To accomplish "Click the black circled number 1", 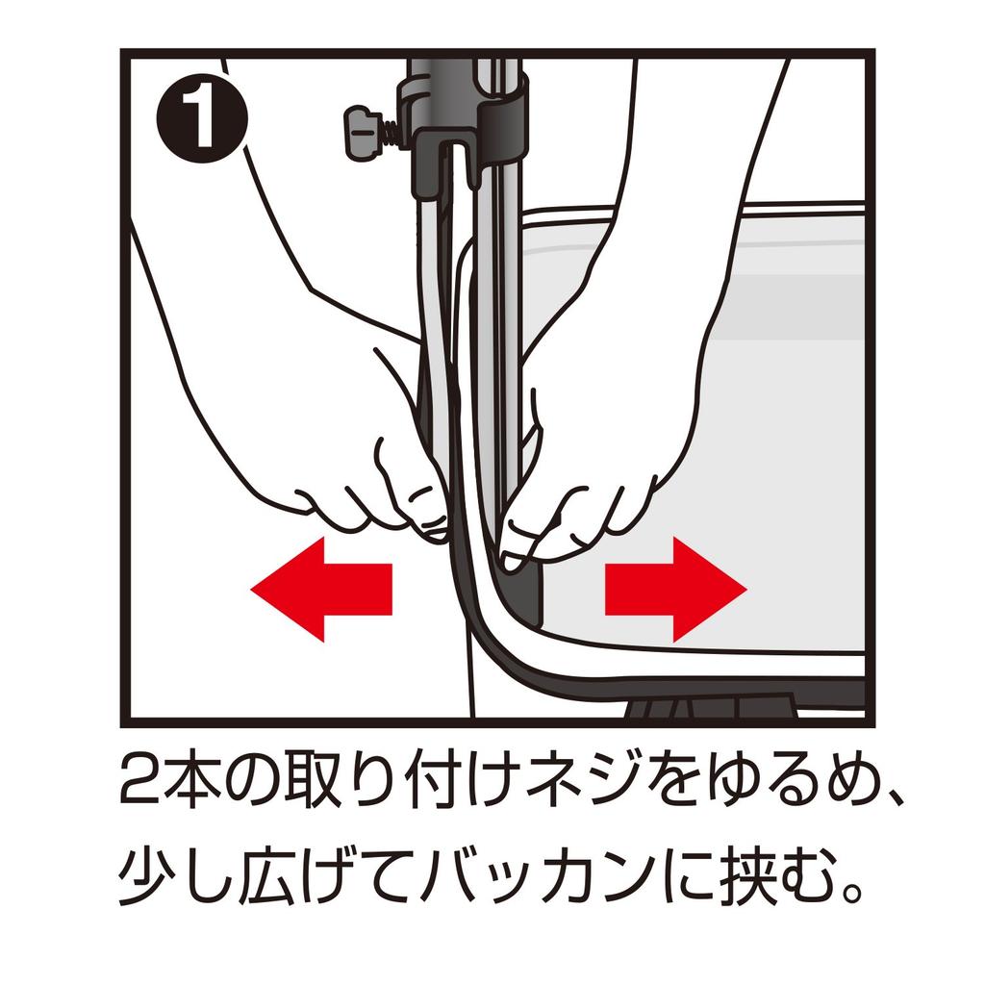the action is (x=202, y=118).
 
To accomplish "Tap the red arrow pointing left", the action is (x=321, y=589).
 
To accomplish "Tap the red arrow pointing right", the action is (x=676, y=589).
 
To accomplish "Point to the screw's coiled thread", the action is (x=391, y=132).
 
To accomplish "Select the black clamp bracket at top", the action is (x=468, y=126).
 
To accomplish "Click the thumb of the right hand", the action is (x=520, y=541).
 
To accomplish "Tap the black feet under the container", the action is (x=711, y=708).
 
